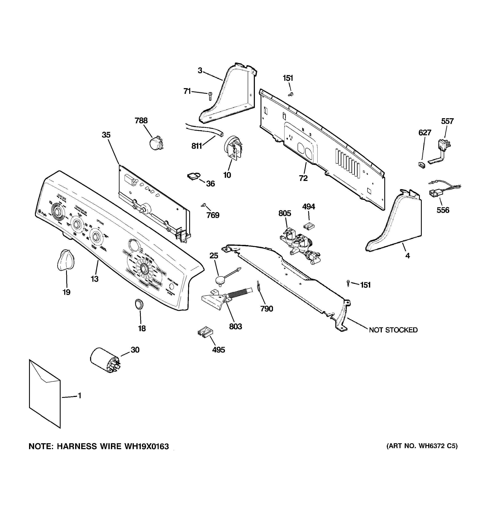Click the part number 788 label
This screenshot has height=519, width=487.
point(141,121)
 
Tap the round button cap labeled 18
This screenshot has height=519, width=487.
point(139,304)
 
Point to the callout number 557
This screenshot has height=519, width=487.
point(447,121)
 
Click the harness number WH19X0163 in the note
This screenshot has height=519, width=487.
point(146,446)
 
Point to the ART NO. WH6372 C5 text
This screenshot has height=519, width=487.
point(422,446)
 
